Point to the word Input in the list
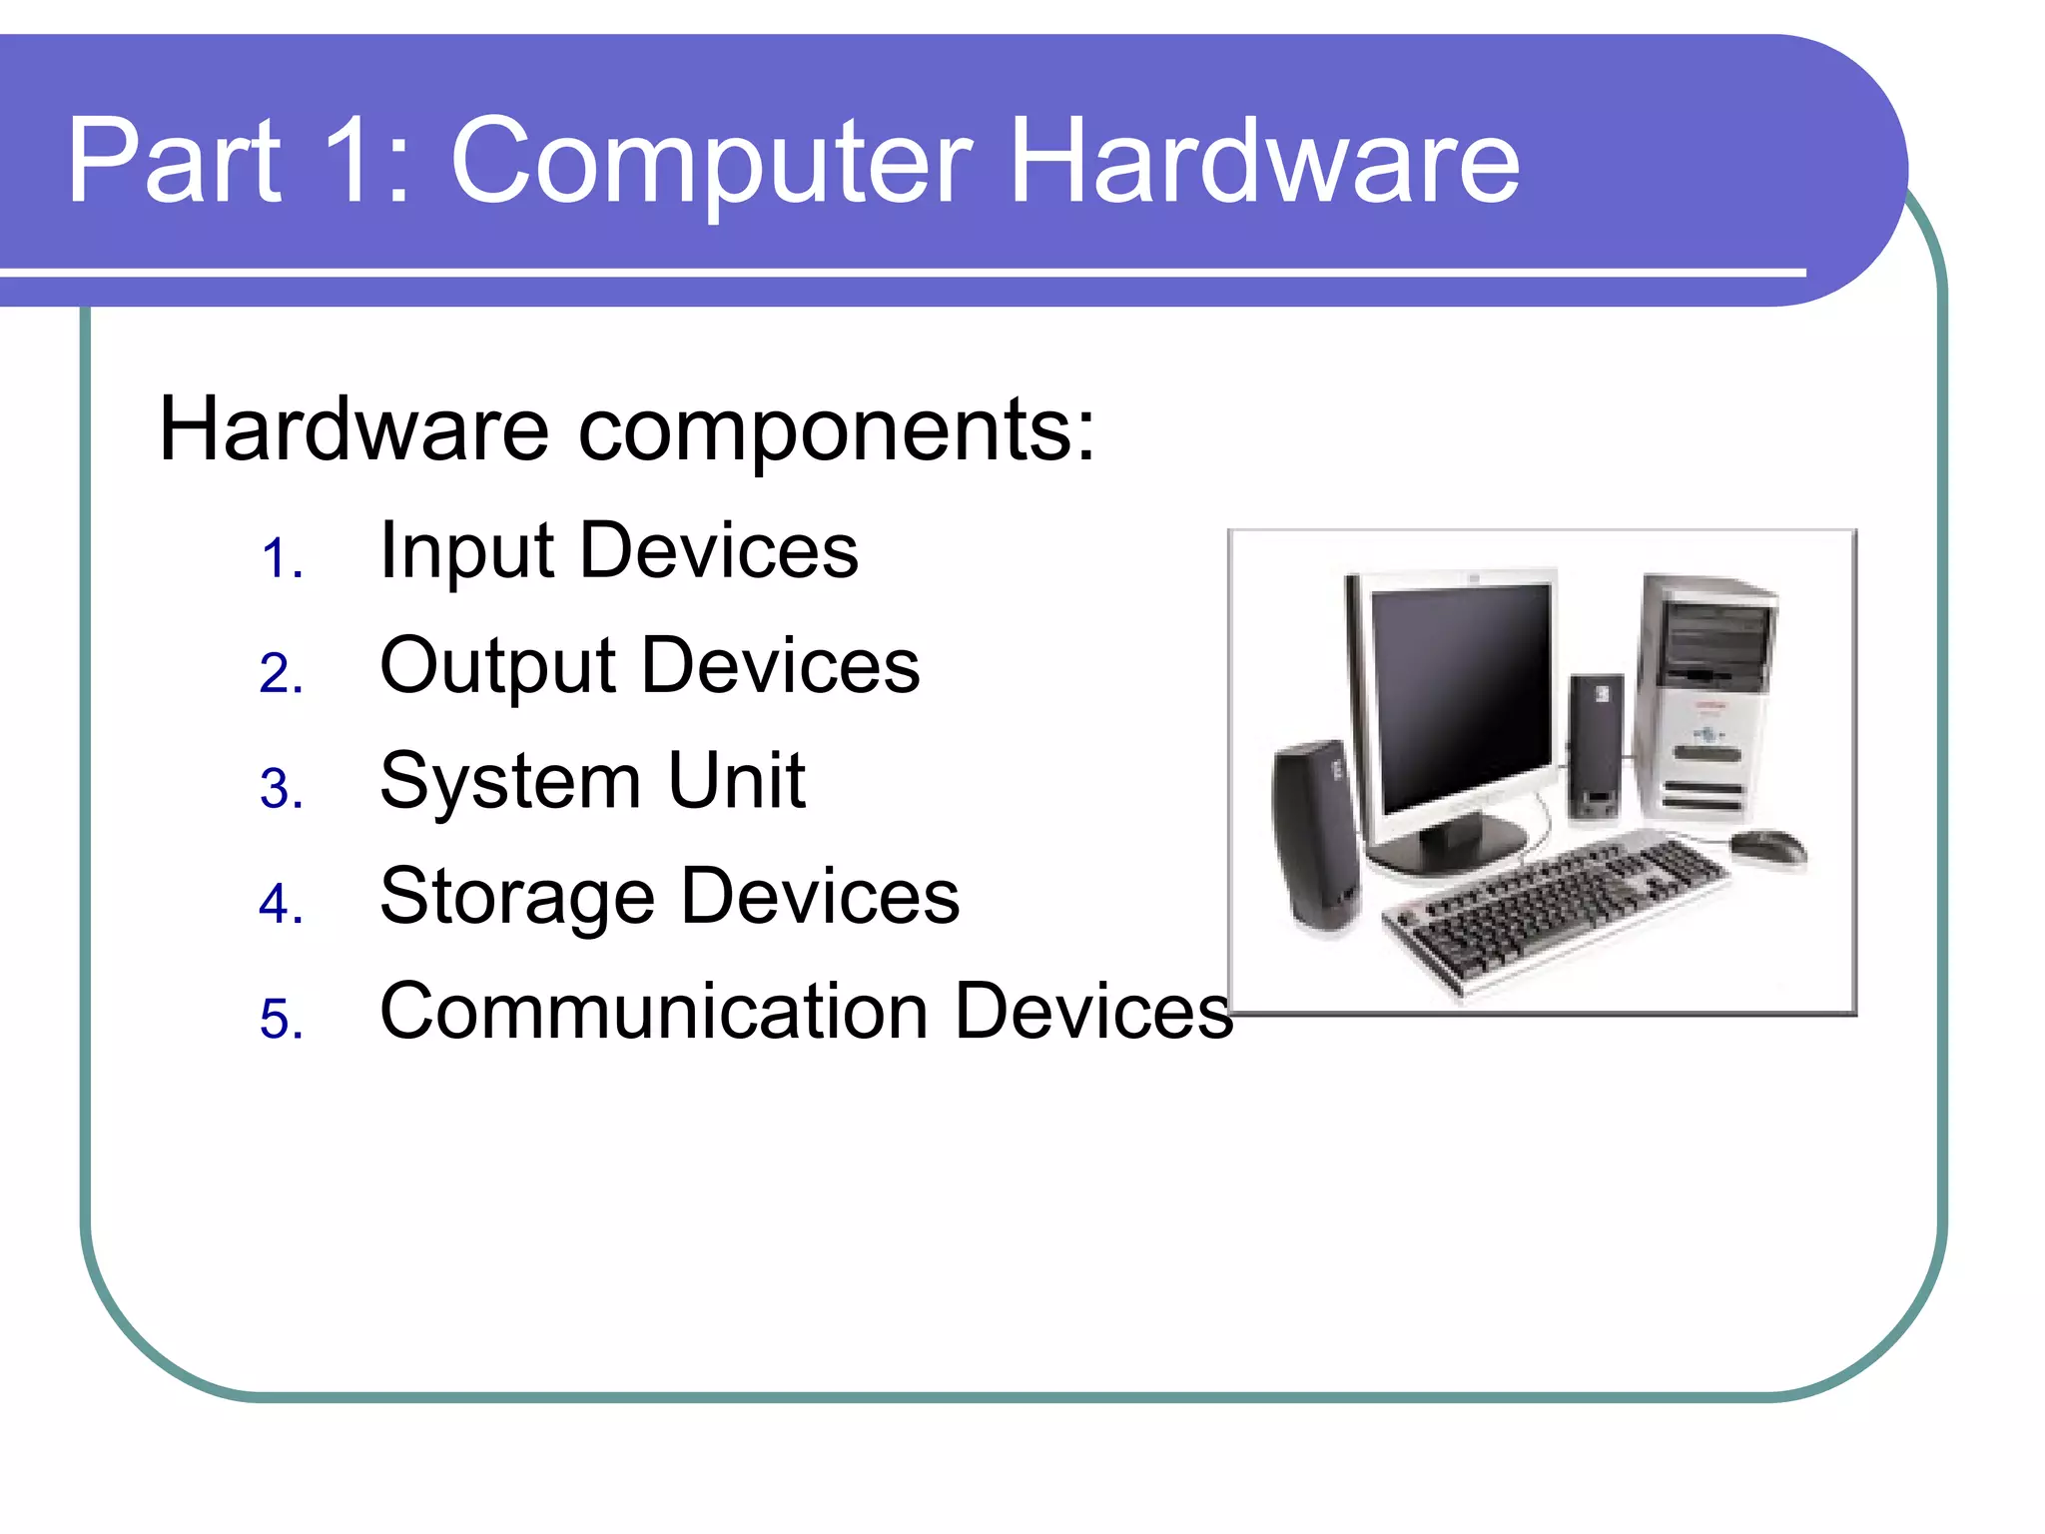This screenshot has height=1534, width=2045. (466, 551)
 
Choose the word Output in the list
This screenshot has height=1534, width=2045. (497, 667)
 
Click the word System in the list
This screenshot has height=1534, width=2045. (509, 782)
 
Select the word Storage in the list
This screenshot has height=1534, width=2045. (517, 897)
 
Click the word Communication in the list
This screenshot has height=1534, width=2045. (654, 1011)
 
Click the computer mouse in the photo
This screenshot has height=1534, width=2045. (1767, 847)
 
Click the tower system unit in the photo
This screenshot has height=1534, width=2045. (1703, 699)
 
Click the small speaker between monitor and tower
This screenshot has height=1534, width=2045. (1596, 744)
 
